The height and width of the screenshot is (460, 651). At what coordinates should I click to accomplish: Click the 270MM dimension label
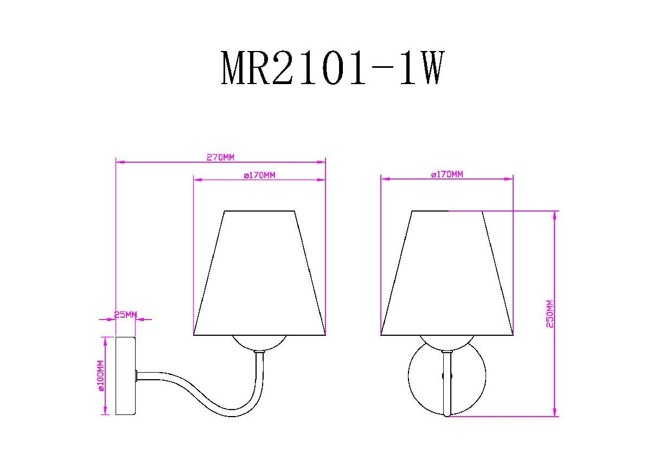point(220,157)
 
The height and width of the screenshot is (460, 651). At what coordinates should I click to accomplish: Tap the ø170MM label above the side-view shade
point(259,175)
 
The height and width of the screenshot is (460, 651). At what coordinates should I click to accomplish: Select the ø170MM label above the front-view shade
point(447,174)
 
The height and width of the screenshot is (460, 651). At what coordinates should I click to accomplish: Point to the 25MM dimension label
point(125,315)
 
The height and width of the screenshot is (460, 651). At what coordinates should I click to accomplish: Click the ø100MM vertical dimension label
point(100,376)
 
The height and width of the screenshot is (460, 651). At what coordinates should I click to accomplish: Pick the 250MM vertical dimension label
point(550,314)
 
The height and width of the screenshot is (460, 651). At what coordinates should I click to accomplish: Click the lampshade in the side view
point(259,273)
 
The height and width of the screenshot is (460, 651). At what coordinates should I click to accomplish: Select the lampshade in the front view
point(447,273)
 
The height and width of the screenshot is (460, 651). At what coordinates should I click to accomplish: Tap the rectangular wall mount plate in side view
point(125,376)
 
